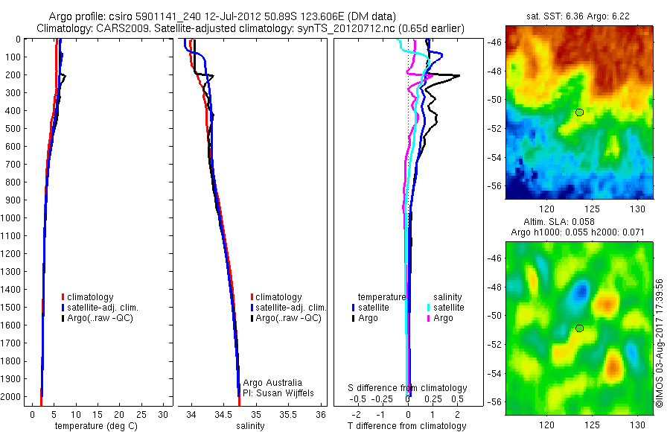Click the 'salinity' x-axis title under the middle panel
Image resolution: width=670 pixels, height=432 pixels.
[250, 426]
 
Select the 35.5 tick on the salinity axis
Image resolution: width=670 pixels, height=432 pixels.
[288, 413]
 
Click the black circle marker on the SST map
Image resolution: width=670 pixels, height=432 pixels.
[579, 112]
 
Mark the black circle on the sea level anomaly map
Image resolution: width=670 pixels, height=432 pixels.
[579, 328]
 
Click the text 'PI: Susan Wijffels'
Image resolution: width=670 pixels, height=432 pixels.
[280, 393]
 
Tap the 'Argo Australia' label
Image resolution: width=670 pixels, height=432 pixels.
[273, 383]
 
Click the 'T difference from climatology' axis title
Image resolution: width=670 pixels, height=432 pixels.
[407, 426]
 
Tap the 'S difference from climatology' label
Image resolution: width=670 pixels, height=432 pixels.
[408, 388]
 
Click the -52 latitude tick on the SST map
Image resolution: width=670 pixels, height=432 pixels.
[495, 127]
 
